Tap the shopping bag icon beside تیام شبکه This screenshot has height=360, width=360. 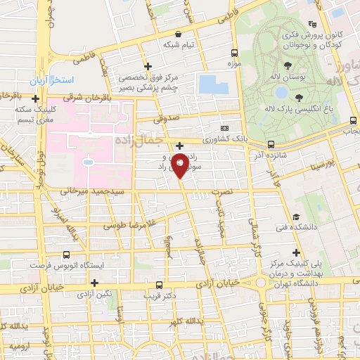tap(178, 34)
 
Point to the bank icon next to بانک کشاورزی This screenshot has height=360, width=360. tap(224, 128)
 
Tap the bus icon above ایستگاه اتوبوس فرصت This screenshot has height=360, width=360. tap(66, 255)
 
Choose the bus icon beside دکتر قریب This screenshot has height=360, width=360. tap(160, 285)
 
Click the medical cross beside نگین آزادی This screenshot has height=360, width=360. tap(94, 282)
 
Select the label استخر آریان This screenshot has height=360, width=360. tap(47, 81)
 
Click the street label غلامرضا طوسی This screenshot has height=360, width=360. tap(130, 226)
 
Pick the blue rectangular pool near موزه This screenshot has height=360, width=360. tap(212, 84)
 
